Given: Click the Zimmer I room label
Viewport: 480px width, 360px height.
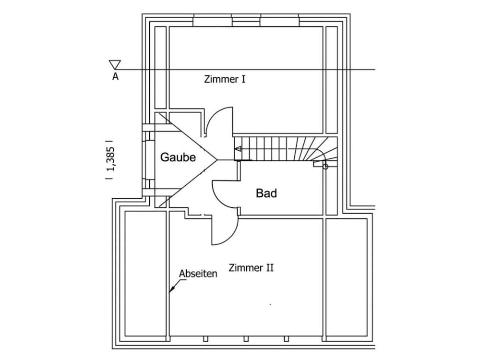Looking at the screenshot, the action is pos(225,80).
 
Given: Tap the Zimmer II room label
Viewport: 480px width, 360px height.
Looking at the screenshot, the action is pos(251,268).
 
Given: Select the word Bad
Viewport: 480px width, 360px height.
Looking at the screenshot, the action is pos(266,193).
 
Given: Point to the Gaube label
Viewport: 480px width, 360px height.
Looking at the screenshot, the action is pos(178,157).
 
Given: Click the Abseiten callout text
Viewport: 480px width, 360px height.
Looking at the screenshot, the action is pos(198,274).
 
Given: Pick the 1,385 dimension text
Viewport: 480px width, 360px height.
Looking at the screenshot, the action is pos(110,159).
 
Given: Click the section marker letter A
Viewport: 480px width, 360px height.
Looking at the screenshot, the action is pos(115,76).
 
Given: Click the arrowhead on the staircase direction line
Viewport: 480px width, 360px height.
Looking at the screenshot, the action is pos(238,149).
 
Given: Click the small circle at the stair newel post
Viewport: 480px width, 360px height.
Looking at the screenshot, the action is pos(326,167).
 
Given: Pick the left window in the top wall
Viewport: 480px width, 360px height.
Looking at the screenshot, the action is pos(213,22).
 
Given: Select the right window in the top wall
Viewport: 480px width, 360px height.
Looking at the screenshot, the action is pos(280,22).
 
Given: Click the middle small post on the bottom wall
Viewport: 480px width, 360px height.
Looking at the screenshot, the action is pos(246,339).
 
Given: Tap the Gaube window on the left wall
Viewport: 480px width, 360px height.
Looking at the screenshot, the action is pos(148,160).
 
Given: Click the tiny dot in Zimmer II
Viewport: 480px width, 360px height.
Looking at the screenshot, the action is pos(270,304).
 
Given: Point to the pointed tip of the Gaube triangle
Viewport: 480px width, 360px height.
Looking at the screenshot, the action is pos(217,160).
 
